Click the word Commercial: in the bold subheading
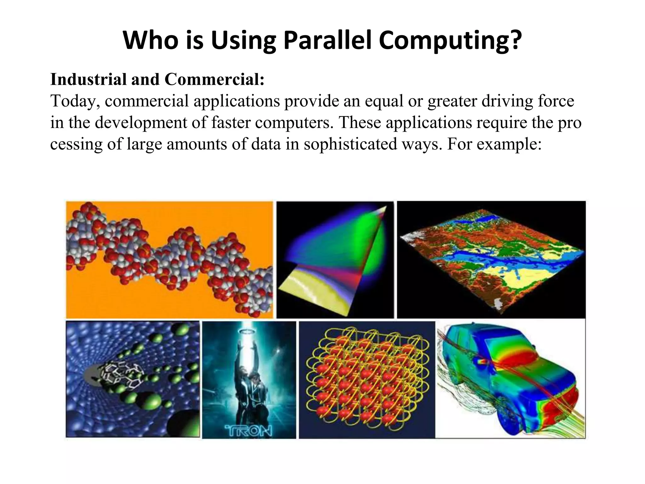point(214,79)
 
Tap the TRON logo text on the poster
point(248,430)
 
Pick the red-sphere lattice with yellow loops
point(367,378)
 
